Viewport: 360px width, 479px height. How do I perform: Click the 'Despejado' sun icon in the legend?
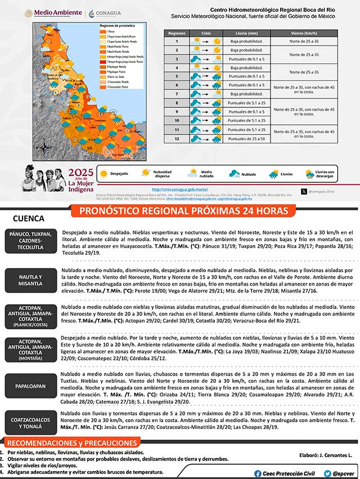point(103,174)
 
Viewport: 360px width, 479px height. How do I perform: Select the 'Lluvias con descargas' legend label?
point(325,174)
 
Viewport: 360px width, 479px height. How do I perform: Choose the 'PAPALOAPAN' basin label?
point(30,386)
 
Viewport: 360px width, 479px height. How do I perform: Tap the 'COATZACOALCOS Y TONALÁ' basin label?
point(30,420)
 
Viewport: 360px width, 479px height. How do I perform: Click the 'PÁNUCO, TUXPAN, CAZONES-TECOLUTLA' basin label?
point(30,241)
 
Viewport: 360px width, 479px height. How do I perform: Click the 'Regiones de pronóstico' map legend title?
point(118,26)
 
